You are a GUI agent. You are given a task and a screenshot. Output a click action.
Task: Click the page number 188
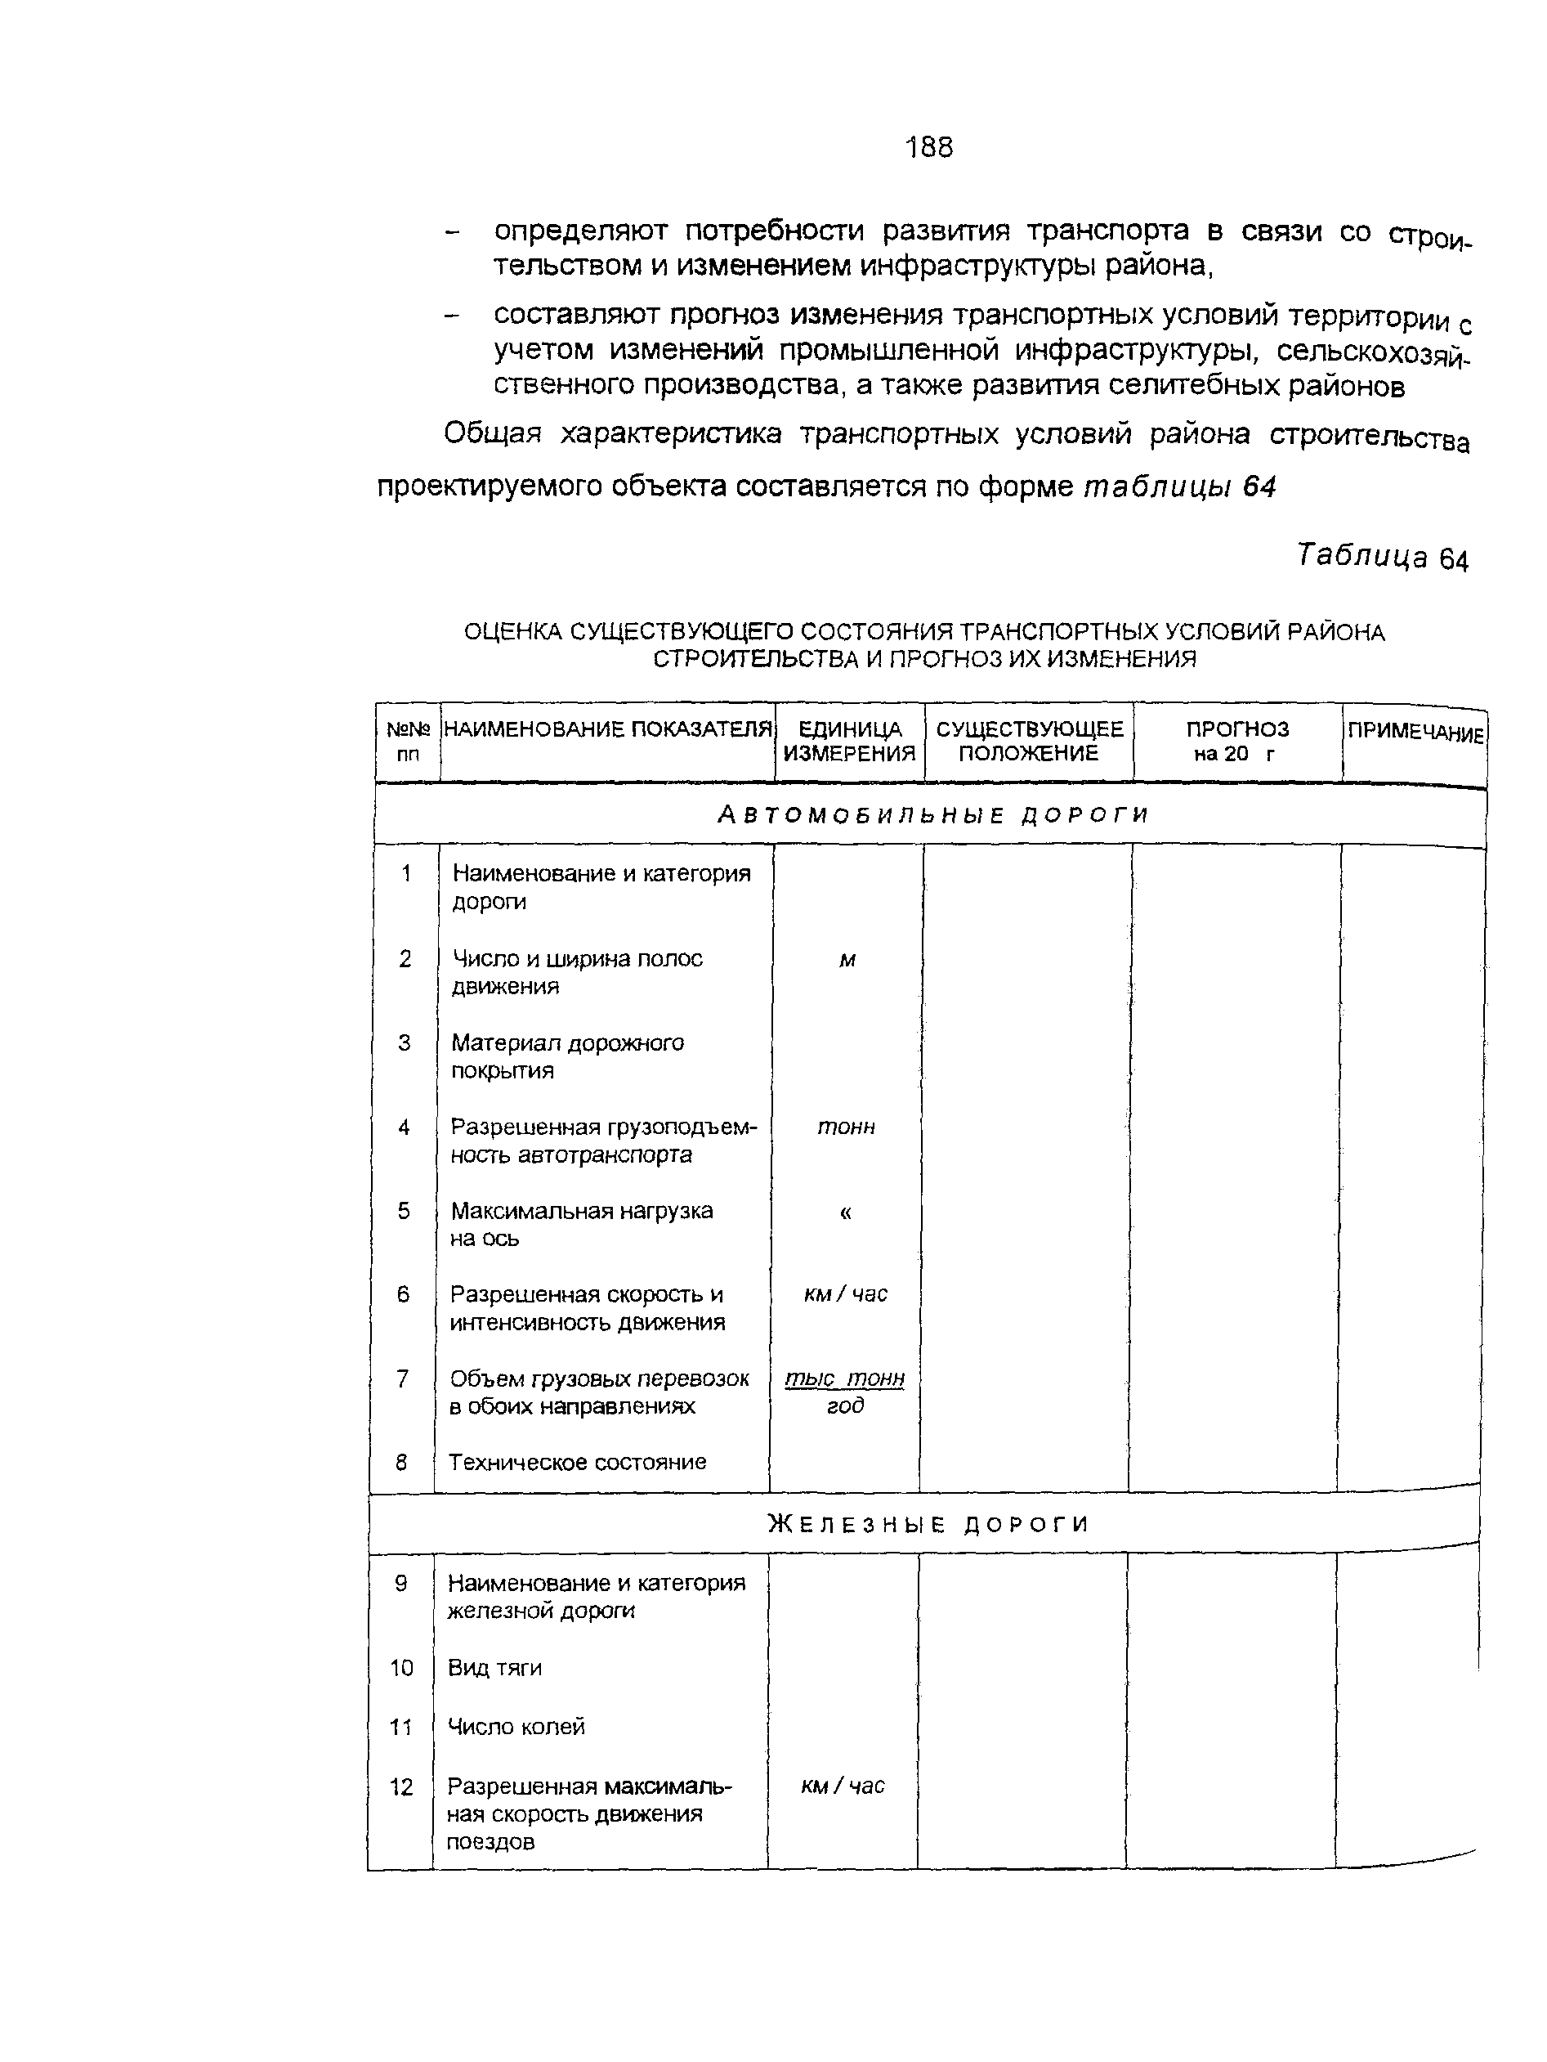(x=928, y=147)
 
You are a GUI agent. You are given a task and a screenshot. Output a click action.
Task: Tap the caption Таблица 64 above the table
(x=1382, y=557)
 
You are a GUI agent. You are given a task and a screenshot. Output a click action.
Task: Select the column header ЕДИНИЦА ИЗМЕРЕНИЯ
(x=849, y=741)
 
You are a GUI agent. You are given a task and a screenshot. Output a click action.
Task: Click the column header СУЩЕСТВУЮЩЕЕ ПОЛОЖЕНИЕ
(x=1029, y=741)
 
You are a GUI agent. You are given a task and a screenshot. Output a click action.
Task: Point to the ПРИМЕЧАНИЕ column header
(x=1415, y=732)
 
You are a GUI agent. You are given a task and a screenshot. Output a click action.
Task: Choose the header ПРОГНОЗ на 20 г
(x=1236, y=741)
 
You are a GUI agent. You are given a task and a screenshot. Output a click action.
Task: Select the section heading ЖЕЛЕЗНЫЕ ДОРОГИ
(x=928, y=1524)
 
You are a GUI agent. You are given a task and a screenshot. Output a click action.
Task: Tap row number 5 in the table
(x=404, y=1211)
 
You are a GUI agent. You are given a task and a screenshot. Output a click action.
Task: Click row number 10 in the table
(x=400, y=1668)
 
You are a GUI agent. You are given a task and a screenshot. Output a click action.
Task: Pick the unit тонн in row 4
(x=846, y=1127)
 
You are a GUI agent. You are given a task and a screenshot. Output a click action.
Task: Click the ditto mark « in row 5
(x=845, y=1212)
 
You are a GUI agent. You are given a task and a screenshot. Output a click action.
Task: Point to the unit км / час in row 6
(x=845, y=1294)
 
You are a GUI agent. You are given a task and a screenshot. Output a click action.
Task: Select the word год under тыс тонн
(x=845, y=1405)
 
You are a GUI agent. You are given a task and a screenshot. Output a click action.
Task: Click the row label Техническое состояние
(x=577, y=1462)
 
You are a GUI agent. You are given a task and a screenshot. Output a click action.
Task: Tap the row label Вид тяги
(x=494, y=1668)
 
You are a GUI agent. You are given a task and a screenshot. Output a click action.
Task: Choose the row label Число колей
(x=516, y=1727)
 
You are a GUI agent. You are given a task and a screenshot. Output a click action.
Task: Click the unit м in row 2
(x=847, y=960)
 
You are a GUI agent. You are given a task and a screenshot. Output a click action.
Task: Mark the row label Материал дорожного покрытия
(x=566, y=1056)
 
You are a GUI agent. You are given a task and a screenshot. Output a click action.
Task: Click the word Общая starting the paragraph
(x=492, y=433)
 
